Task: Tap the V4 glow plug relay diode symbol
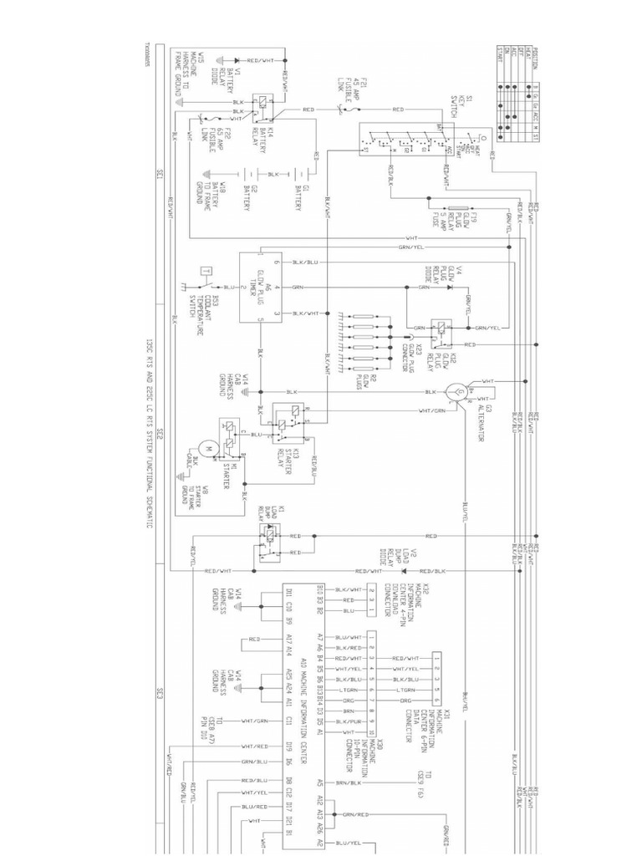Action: pos(452,287)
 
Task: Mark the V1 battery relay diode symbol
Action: pos(238,61)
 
